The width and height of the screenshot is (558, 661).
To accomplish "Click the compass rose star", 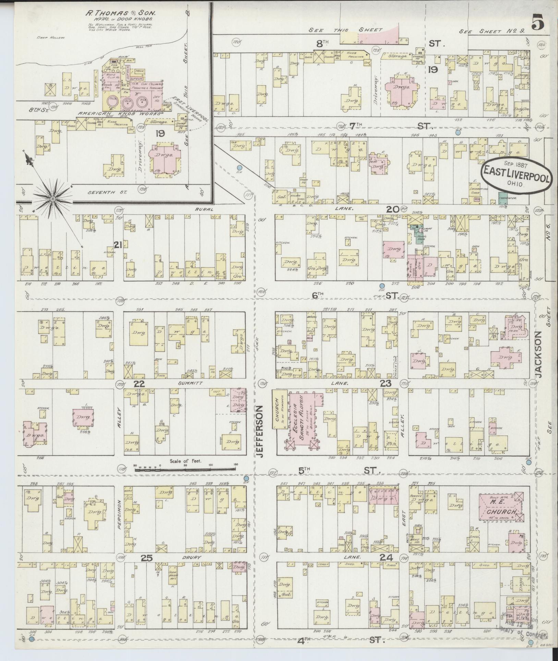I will click(x=53, y=199).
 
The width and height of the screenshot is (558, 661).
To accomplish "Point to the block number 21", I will click(x=118, y=245).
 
